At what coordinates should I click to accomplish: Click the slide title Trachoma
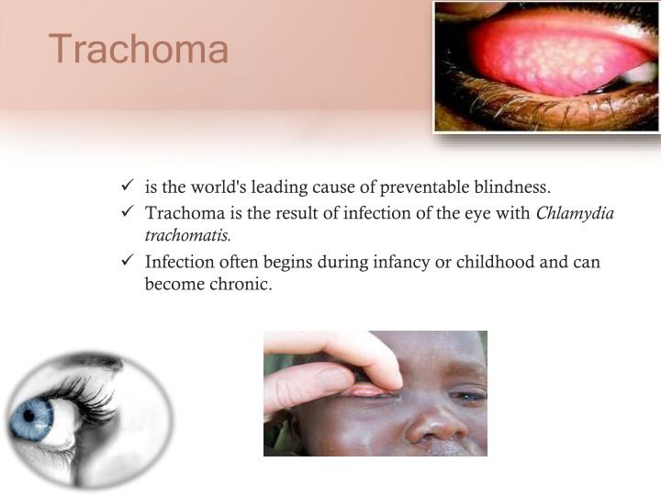click(x=139, y=49)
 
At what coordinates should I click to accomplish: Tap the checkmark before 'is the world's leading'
click(x=128, y=188)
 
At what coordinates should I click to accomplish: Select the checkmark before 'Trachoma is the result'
click(x=128, y=214)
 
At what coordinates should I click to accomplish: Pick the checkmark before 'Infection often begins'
click(x=128, y=262)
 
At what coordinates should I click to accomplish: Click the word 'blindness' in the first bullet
click(x=513, y=188)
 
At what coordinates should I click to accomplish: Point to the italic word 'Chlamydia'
click(x=575, y=214)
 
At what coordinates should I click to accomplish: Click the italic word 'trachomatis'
click(x=187, y=236)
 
